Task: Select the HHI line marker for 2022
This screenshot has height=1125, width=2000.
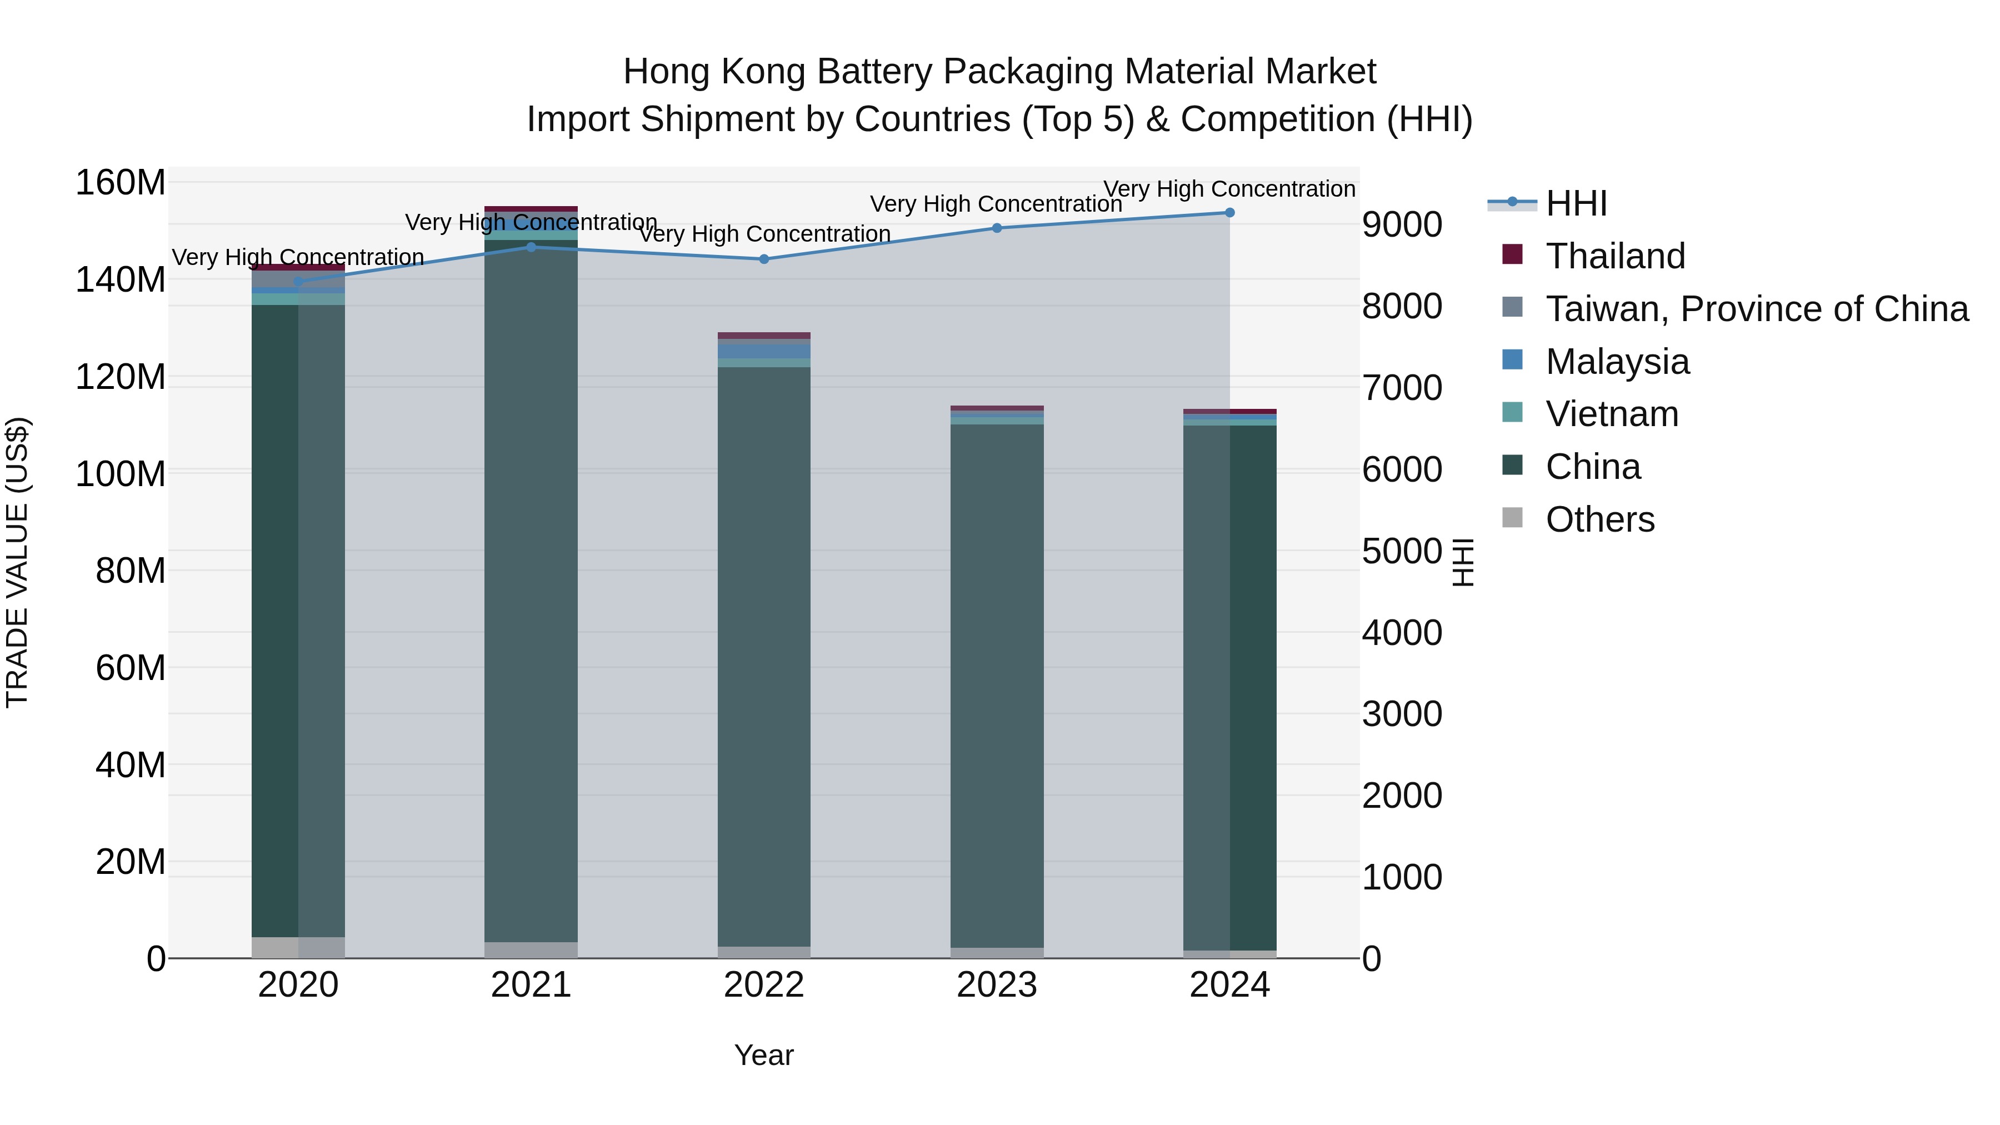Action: click(764, 259)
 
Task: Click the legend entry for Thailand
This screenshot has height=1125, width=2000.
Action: click(1615, 256)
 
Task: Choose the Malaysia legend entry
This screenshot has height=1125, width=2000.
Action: click(1617, 362)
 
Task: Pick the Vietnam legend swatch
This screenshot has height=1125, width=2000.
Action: click(1512, 413)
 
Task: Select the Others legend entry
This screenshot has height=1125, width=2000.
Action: click(1599, 519)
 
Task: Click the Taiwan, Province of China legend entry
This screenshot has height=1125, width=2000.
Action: click(1756, 309)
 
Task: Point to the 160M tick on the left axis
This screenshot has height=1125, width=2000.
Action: click(121, 183)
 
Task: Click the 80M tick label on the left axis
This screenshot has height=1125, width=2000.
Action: click(131, 571)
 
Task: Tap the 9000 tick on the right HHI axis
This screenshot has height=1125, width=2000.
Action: click(1402, 224)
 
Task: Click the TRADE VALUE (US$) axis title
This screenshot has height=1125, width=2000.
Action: click(17, 562)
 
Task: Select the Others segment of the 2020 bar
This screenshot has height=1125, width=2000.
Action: click(298, 947)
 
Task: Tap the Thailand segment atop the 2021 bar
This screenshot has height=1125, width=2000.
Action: click(531, 209)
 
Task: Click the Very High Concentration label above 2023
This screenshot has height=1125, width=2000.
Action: click(996, 204)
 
